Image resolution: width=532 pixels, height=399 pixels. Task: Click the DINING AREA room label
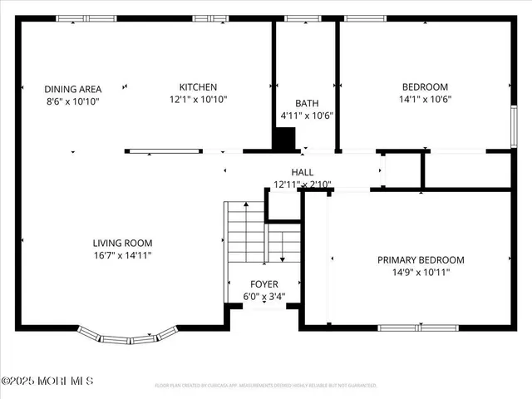coord(50,88)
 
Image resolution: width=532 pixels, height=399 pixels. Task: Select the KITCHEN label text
coord(199,87)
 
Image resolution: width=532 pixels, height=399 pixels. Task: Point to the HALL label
coord(303,171)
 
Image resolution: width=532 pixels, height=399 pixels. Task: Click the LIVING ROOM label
coord(122,243)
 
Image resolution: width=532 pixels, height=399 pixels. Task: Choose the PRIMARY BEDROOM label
coord(421,260)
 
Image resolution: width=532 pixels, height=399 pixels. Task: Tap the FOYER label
coord(264,284)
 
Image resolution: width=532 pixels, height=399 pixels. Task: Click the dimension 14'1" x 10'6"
coord(425,99)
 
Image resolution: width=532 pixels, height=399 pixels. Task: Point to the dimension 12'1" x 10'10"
coord(199,99)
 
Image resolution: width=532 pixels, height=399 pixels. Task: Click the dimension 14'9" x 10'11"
coord(421,272)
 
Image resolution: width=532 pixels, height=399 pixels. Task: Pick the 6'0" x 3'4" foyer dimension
coord(264,296)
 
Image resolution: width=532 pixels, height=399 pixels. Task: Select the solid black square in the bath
coord(286,139)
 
